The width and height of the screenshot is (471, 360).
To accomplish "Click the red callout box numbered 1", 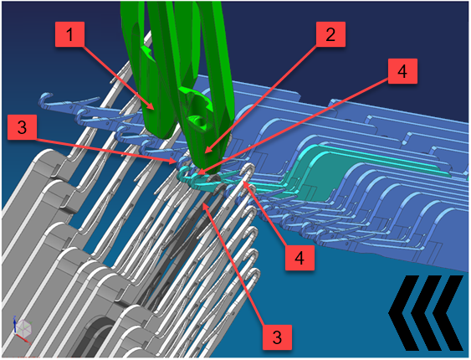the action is click(69, 34).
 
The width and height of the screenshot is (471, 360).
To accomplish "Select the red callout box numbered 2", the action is click(330, 34).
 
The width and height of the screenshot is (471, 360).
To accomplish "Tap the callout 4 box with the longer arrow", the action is click(402, 71).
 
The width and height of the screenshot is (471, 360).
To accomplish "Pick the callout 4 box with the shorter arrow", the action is click(299, 258).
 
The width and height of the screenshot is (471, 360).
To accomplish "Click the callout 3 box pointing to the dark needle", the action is click(277, 337).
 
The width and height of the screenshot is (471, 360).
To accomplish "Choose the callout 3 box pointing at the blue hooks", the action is click(22, 127).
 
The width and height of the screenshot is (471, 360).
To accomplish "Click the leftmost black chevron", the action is click(403, 312).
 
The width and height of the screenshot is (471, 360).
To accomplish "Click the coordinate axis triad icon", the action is click(23, 329).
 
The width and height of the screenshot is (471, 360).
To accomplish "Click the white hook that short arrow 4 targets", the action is click(250, 171).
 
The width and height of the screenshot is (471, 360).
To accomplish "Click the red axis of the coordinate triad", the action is click(25, 339).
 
